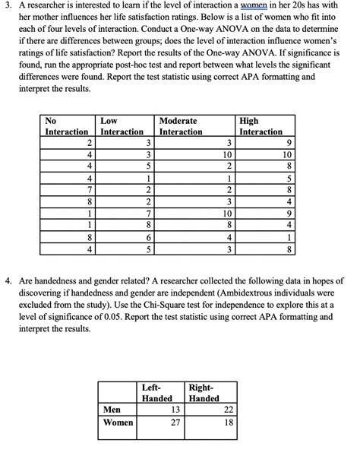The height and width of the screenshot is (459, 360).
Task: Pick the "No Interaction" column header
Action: coord(67,126)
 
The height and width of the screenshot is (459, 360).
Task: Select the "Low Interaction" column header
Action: coord(122,126)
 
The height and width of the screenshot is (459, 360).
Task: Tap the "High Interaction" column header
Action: coord(261,126)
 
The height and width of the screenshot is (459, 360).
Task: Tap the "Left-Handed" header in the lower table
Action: coord(157,393)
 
